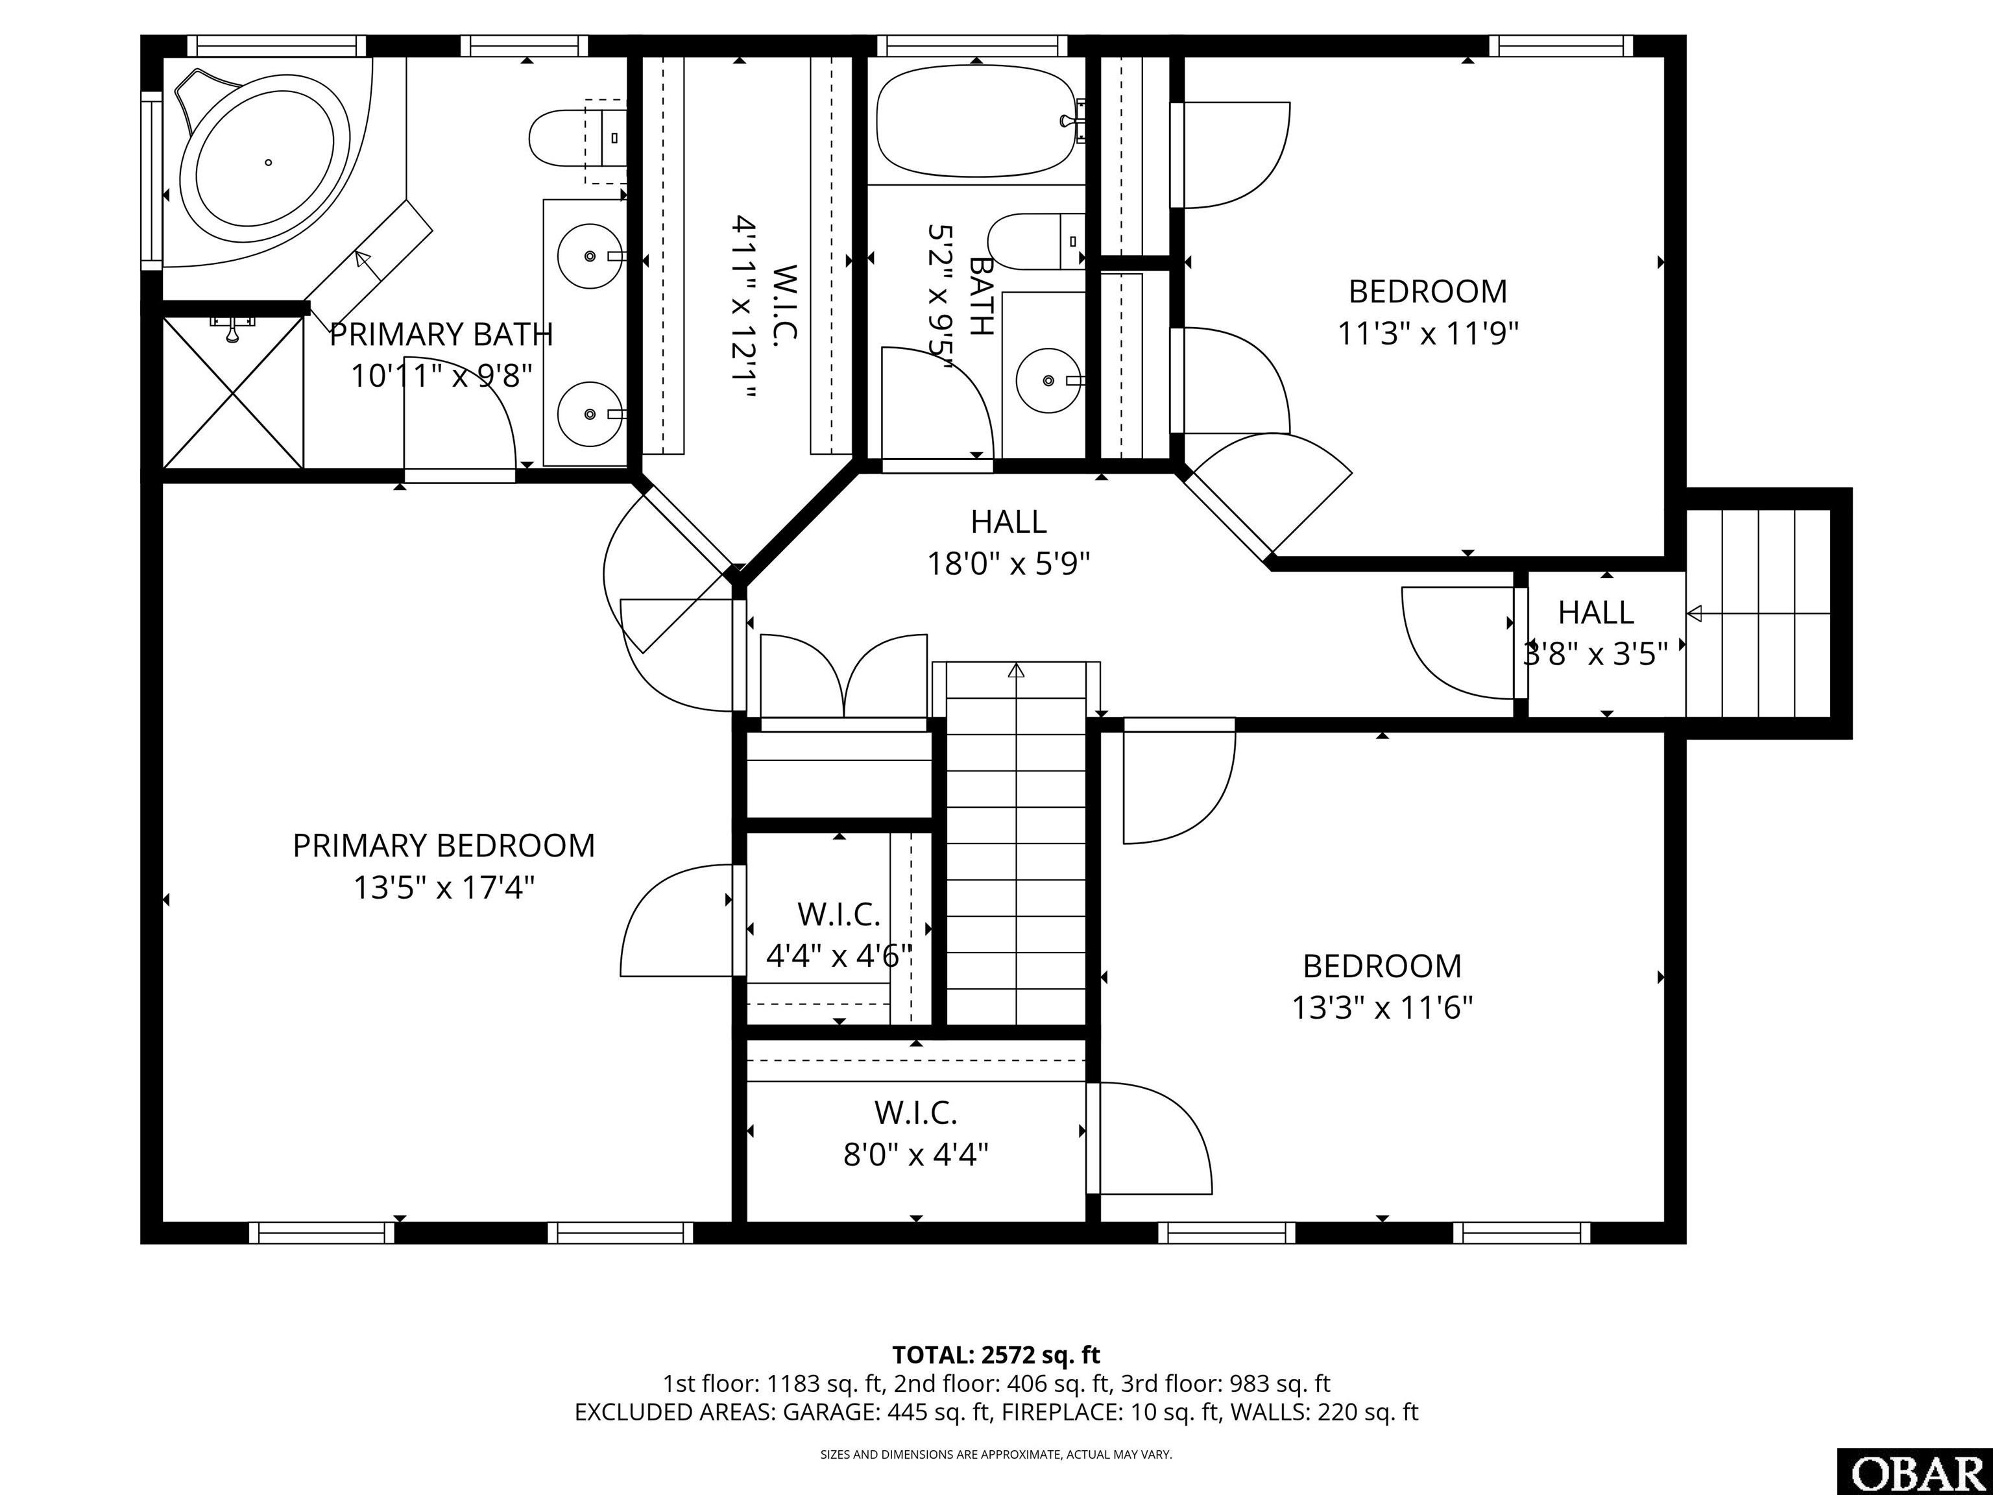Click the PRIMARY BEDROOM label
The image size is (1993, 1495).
[443, 845]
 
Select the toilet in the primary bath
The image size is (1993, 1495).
[577, 138]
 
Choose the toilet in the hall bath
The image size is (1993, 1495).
[1036, 241]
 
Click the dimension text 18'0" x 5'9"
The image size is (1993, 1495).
[1009, 564]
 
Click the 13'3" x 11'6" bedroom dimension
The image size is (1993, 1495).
[1382, 1006]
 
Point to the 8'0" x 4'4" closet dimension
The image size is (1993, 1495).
[915, 1154]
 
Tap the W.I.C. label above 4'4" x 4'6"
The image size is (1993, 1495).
[839, 915]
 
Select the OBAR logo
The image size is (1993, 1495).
[1914, 1472]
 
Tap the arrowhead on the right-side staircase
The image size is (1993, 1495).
[1693, 614]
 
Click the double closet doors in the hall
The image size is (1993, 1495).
[844, 677]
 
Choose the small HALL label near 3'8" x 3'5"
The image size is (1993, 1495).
[1596, 613]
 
